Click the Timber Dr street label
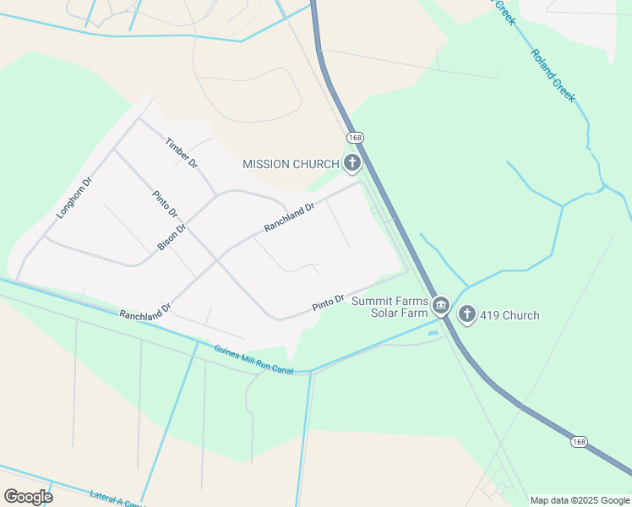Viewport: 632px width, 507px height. [182, 152]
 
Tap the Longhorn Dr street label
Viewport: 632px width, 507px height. [74, 199]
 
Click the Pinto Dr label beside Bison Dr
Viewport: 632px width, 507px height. [165, 204]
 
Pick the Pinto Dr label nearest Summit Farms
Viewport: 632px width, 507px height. [328, 303]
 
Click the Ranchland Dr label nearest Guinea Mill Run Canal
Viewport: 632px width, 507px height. [144, 313]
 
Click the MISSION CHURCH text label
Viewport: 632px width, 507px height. [291, 164]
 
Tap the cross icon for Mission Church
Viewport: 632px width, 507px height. [351, 163]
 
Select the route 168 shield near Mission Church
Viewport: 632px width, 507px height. [354, 137]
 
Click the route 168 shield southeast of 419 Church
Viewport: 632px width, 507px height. [578, 442]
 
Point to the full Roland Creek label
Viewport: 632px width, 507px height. [553, 75]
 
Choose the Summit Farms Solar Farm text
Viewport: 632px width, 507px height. [390, 308]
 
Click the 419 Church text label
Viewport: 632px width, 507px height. [509, 316]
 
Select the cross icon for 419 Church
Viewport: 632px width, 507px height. [466, 315]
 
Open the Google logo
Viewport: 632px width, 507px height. [28, 496]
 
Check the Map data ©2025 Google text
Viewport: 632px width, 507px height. [580, 500]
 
